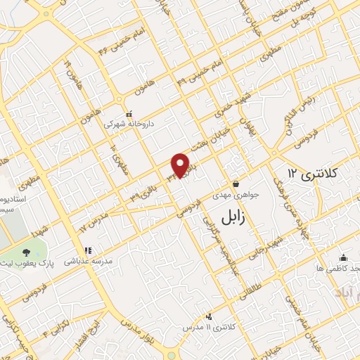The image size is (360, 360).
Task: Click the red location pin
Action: (x=181, y=165)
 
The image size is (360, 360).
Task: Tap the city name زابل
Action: (x=236, y=216)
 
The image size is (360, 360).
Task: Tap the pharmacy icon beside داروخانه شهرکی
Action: (x=128, y=114)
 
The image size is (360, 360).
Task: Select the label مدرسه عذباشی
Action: (x=87, y=261)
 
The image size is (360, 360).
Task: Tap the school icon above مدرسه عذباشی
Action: (x=88, y=250)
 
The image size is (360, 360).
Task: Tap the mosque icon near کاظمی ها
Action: (x=342, y=257)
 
